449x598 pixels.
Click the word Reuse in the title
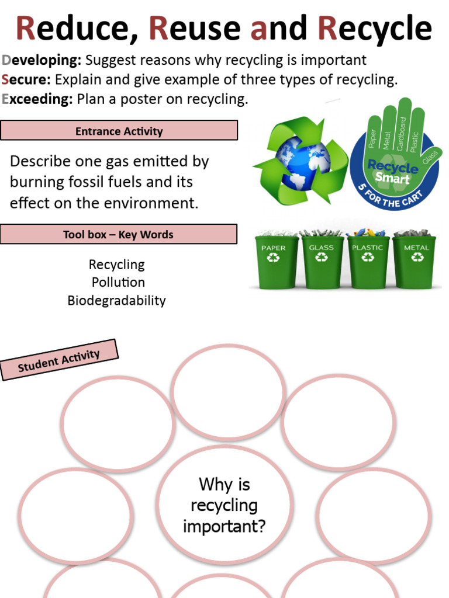[195, 29]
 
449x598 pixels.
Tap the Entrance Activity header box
[119, 131]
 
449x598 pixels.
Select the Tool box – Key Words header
[119, 235]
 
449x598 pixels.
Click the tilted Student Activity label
[59, 359]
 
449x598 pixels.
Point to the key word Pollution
[118, 283]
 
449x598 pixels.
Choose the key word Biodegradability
[116, 301]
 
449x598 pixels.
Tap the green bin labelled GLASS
[322, 262]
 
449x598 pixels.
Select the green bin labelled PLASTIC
[368, 262]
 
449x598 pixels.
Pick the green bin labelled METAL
[415, 262]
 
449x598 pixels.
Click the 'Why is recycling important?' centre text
[224, 505]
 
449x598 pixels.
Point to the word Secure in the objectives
[26, 79]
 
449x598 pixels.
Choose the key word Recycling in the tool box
[116, 265]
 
